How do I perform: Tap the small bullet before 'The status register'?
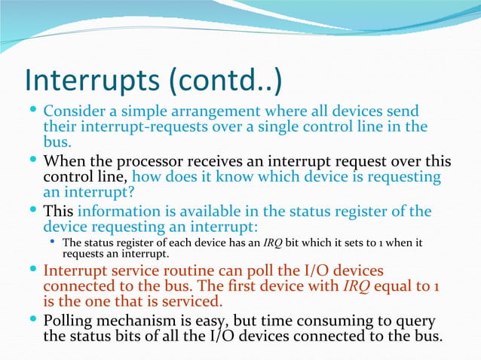coord(52,243)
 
